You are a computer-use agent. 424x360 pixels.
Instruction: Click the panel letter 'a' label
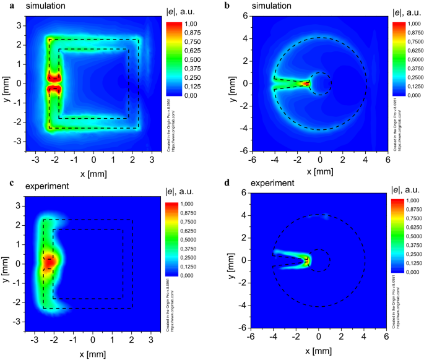click(4, 6)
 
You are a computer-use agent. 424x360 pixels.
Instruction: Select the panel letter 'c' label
click(4, 185)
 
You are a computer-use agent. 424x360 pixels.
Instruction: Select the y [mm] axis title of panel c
click(6, 264)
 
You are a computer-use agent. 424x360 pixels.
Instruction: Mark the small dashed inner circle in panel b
click(320, 84)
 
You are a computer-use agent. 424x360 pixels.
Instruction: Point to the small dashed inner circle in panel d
click(319, 260)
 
